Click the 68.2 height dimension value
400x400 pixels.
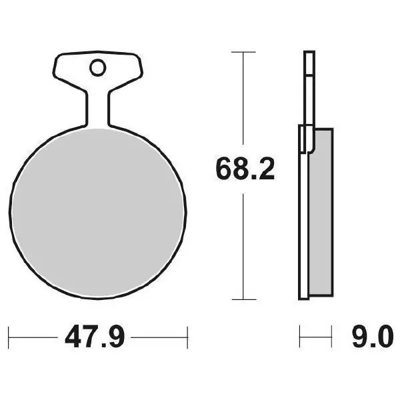(x=245, y=169)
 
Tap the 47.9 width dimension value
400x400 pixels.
(x=95, y=337)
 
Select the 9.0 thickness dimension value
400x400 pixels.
(x=372, y=337)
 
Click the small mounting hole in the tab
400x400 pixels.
(x=98, y=67)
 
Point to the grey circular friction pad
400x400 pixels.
(x=98, y=213)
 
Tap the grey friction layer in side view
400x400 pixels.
(x=321, y=212)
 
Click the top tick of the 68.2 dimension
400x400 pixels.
(x=243, y=52)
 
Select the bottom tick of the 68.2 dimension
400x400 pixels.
(x=244, y=299)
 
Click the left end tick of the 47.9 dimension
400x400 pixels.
(x=9, y=337)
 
